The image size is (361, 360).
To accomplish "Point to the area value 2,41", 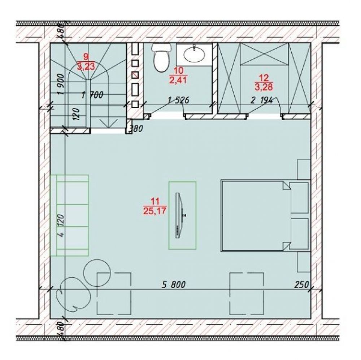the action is (x=178, y=80).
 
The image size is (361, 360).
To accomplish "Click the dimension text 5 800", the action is (x=173, y=285).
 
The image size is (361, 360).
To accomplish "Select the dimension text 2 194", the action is (x=261, y=100).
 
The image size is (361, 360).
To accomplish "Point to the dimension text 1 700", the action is (x=92, y=95).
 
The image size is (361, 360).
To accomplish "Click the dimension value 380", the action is (x=136, y=128).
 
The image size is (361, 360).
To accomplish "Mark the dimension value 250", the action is (x=301, y=285).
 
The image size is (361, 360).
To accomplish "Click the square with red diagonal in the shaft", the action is (x=135, y=75).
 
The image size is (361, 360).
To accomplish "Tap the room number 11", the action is (x=155, y=202).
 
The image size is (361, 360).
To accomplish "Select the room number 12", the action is (x=264, y=78).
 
